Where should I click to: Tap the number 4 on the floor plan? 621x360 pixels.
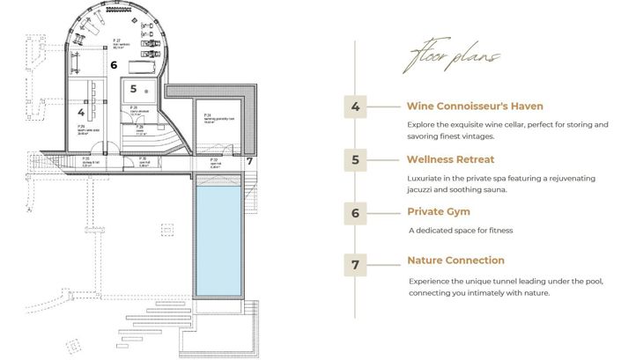tap(81, 113)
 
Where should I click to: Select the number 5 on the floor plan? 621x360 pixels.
tap(132, 89)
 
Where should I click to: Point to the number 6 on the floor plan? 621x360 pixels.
tap(114, 64)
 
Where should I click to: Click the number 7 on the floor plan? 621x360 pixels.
tap(249, 161)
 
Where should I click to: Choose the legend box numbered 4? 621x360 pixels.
tap(355, 107)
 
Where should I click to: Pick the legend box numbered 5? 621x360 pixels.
tap(355, 160)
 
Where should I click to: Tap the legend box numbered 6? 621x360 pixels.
tap(355, 212)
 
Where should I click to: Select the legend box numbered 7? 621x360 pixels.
tap(355, 263)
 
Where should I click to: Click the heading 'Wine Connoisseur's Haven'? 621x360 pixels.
tap(474, 107)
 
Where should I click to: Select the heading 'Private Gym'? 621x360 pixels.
tap(439, 211)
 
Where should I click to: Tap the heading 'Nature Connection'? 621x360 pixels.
tap(455, 261)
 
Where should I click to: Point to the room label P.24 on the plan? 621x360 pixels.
tap(207, 115)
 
